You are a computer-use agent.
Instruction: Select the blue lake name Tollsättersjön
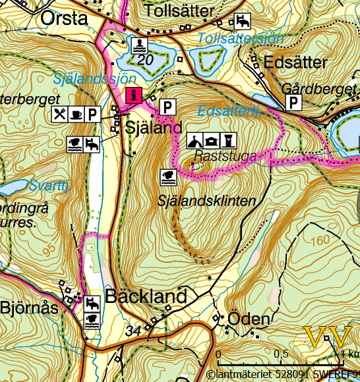point(241,38)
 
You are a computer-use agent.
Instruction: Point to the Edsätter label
point(295,63)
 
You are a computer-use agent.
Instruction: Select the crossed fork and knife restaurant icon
point(60,114)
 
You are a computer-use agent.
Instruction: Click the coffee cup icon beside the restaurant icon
point(76,114)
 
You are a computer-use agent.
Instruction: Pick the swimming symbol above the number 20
point(140,45)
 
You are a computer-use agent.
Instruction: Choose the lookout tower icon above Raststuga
point(227,140)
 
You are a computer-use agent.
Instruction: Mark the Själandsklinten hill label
point(206,201)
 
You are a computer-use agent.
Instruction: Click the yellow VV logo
point(329,337)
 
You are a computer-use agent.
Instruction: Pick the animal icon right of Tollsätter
point(242,22)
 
